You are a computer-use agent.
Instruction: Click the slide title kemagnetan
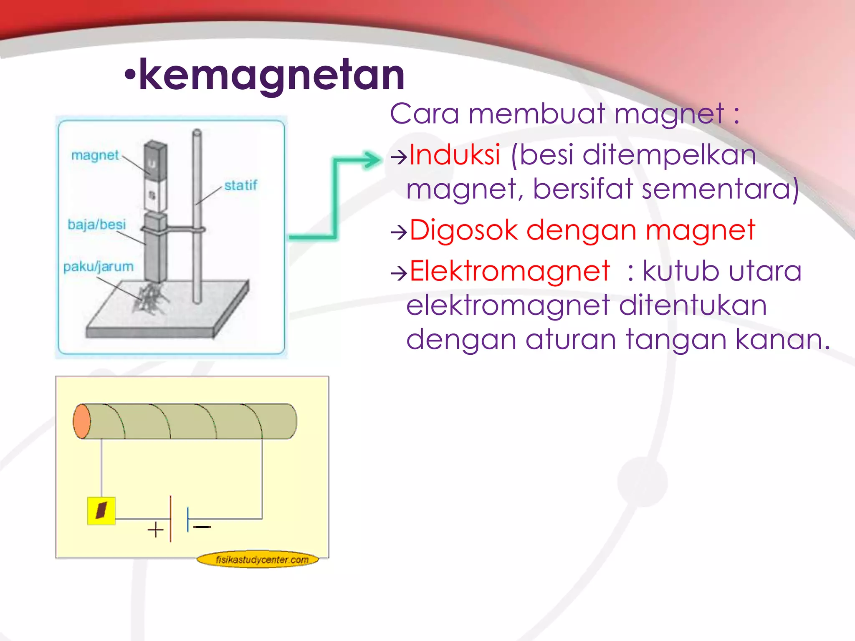click(x=271, y=75)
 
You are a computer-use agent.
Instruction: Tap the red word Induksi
click(x=455, y=155)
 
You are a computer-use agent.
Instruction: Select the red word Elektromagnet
click(x=510, y=271)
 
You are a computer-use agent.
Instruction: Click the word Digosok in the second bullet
click(x=463, y=230)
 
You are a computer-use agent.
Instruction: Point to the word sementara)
click(x=720, y=189)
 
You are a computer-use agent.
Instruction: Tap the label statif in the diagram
click(x=240, y=185)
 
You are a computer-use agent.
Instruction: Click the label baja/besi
click(x=96, y=225)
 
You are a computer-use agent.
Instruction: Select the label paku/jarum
click(x=99, y=266)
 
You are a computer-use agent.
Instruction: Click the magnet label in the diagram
click(x=95, y=155)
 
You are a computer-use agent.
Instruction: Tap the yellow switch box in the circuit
click(x=101, y=511)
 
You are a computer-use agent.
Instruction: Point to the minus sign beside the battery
click(x=202, y=527)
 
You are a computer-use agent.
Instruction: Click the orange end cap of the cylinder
click(x=81, y=421)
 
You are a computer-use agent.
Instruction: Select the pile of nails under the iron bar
click(x=150, y=298)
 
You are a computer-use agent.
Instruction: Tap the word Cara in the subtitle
click(x=424, y=114)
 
